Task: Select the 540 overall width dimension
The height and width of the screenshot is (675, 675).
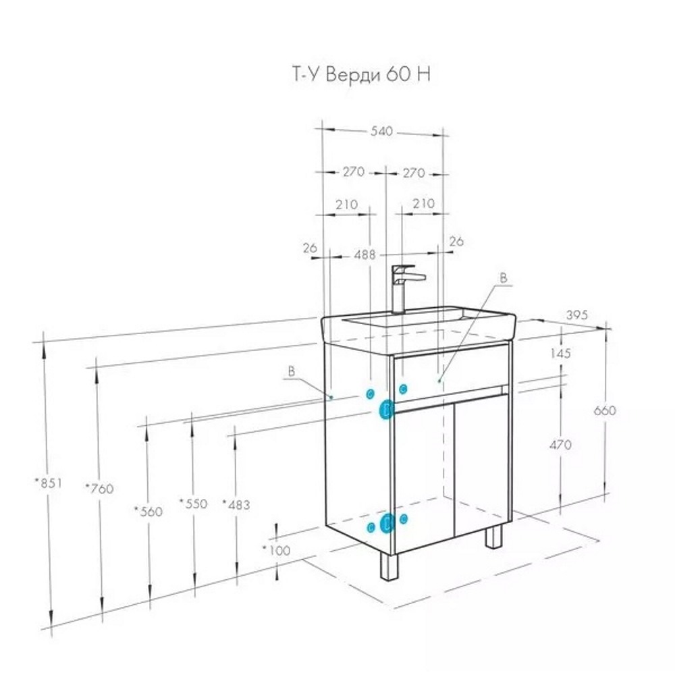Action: [x=382, y=132]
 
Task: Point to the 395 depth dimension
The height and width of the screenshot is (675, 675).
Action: [x=578, y=315]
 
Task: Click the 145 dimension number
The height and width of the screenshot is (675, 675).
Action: [x=560, y=353]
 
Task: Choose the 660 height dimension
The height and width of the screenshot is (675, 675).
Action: [x=605, y=410]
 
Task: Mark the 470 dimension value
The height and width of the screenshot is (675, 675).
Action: [x=560, y=444]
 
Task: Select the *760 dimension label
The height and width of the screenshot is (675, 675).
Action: [x=99, y=488]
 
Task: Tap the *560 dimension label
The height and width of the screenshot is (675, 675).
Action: [x=148, y=512]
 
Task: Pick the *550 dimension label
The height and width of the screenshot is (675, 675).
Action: [x=192, y=504]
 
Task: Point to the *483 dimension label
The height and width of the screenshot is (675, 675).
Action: [x=236, y=504]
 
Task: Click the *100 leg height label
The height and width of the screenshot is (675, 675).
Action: [x=276, y=550]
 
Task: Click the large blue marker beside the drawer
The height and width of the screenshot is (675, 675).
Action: [x=387, y=409]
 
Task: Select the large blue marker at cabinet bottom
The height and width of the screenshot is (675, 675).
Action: [x=387, y=523]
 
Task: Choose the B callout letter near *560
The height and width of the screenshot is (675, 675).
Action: [x=292, y=371]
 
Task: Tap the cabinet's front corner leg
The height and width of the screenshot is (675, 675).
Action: [x=389, y=568]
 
